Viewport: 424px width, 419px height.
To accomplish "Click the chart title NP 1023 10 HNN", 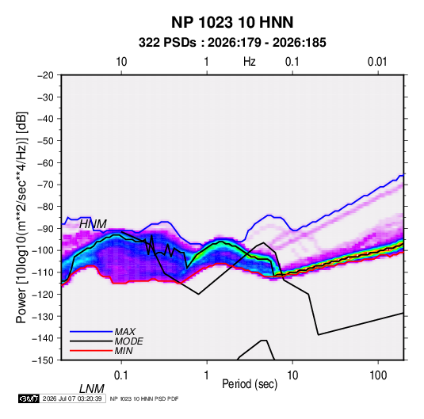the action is coord(232,22).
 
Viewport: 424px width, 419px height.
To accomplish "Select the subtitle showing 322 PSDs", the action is coord(232,43).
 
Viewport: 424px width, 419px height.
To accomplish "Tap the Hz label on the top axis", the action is coord(249,62).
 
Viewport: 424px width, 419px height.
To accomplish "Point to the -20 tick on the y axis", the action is coord(45,75).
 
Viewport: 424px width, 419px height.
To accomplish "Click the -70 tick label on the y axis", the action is coord(45,185).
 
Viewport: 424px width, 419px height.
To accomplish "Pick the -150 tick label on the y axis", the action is coord(43,360).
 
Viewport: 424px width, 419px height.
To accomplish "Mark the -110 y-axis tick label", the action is coord(43,272).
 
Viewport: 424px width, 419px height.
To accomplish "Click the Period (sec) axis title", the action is coord(250,384).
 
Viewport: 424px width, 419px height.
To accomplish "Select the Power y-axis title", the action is coord(21,217).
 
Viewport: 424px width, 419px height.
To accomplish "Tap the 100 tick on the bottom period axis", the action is coord(378,375).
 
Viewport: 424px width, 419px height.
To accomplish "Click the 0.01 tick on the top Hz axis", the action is coord(377,62).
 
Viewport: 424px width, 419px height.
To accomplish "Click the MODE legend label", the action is coord(128,341).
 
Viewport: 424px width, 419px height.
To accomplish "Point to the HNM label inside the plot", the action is coord(93,224).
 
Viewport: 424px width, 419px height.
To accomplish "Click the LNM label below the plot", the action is coord(91,389).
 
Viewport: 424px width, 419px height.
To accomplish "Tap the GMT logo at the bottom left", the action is coord(29,398).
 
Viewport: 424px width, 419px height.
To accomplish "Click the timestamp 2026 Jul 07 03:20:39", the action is coord(72,398).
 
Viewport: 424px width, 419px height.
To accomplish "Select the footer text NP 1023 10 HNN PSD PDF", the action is coord(144,398).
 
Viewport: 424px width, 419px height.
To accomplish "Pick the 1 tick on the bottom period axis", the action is coord(207,375).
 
